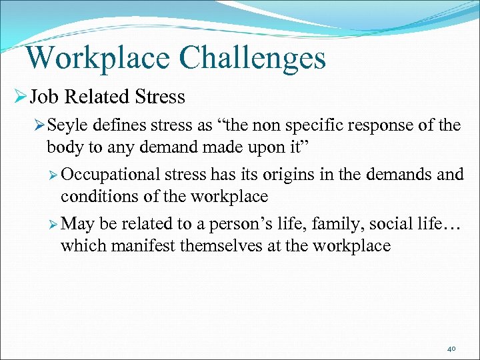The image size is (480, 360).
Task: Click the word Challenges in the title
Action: [253, 58]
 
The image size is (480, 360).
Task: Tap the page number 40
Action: [451, 348]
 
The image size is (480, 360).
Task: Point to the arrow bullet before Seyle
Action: [39, 125]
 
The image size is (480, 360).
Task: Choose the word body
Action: [63, 146]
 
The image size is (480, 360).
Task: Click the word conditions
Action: [91, 196]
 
